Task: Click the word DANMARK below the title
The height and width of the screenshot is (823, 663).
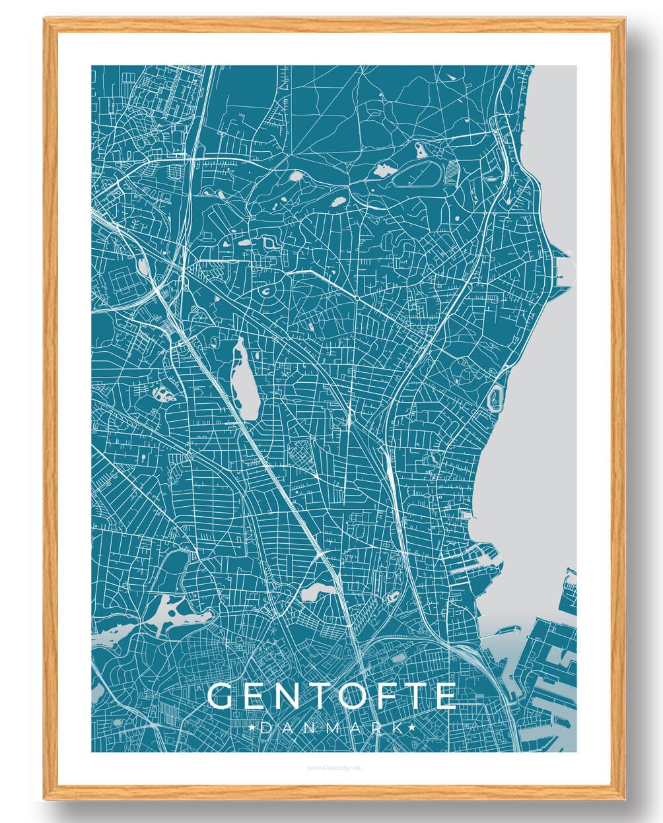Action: coord(332,727)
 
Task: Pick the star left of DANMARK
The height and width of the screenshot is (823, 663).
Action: coord(253,727)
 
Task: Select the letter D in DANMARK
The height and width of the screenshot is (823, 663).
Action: coord(266,727)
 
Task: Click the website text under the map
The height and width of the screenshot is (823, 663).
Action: coord(333,768)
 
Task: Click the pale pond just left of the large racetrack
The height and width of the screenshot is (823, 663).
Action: coord(382,171)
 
